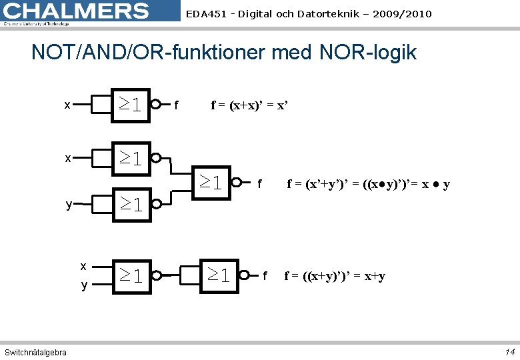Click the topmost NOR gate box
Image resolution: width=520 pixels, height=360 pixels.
pos(130,104)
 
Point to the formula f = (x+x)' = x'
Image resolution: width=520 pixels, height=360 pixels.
pos(249,105)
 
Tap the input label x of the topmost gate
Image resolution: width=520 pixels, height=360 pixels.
pos(67,105)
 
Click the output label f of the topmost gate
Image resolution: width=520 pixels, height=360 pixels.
pos(175,105)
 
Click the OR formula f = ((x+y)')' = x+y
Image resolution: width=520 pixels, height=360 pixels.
pos(335,275)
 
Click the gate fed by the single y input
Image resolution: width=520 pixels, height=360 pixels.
pos(130,205)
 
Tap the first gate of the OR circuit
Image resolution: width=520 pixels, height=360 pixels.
pos(131,275)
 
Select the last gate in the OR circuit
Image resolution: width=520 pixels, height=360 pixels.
pos(218,275)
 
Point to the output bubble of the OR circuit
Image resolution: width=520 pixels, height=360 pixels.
pos(245,275)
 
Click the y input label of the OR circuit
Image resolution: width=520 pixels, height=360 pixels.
pos(84,285)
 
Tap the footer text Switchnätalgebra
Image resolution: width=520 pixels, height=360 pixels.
pos(35,352)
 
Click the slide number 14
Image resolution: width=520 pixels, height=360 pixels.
pos(510,351)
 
